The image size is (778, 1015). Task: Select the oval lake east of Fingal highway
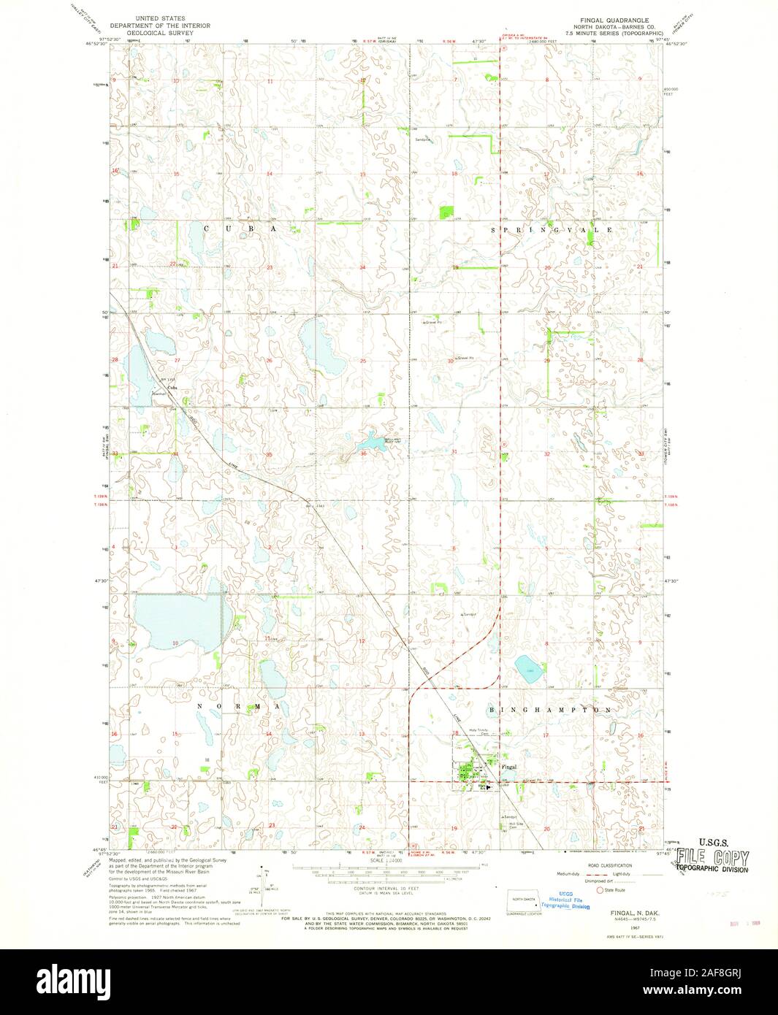528,667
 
